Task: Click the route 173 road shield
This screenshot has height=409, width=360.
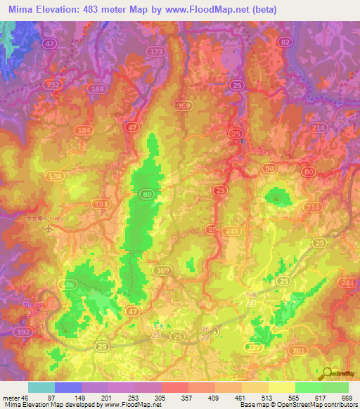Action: pos(156,53)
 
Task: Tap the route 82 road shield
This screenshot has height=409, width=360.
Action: pos(285,43)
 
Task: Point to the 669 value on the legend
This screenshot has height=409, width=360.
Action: pos(347,397)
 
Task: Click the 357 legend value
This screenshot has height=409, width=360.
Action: pos(187,397)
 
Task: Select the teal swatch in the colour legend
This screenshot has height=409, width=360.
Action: pos(41,387)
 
